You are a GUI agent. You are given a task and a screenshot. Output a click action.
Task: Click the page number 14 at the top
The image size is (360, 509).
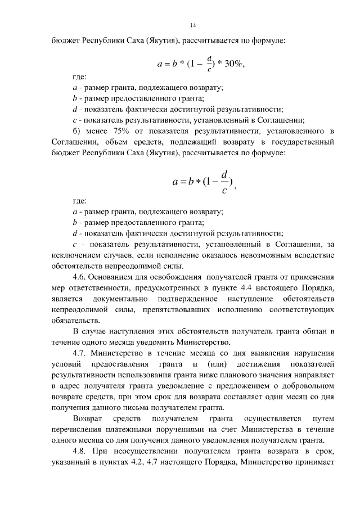coord(193,25)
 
